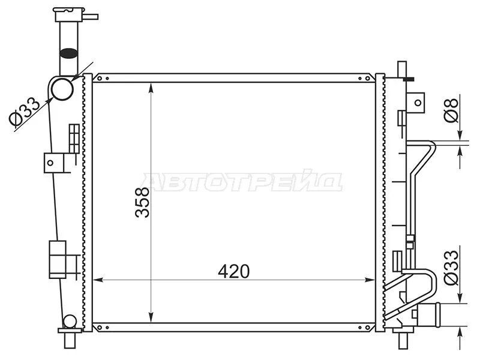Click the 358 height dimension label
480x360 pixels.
coord(142,203)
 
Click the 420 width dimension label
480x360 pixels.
coord(234,271)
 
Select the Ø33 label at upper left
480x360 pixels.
coord(25,112)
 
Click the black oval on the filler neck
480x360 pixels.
coord(68,53)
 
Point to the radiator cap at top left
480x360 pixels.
coord(69,14)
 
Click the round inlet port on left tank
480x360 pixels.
coord(62,89)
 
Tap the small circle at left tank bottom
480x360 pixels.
coord(70,322)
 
